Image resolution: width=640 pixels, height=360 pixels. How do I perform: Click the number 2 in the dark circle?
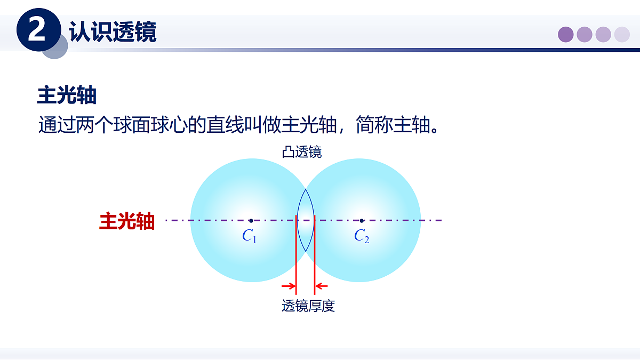tap(37, 31)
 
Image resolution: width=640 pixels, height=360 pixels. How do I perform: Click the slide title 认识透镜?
tap(113, 32)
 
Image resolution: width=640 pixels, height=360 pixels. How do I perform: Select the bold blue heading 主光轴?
tap(67, 96)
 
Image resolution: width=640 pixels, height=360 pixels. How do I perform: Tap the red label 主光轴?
tap(127, 221)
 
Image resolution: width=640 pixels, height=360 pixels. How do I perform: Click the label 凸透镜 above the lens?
tap(302, 153)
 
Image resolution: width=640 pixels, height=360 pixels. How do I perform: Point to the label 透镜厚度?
tap(308, 306)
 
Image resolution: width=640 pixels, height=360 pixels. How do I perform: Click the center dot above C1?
tap(251, 220)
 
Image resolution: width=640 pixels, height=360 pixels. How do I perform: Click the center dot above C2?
tap(362, 220)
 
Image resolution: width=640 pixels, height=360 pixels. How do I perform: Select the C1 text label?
tap(249, 236)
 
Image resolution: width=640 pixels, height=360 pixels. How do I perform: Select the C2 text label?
tap(362, 236)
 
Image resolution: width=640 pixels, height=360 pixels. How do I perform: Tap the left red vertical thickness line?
tap(296, 251)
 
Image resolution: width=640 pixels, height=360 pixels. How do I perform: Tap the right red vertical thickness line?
tap(315, 251)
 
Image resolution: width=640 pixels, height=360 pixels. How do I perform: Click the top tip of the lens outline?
tap(306, 189)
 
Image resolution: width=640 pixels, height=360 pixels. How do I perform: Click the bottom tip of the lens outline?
tap(306, 251)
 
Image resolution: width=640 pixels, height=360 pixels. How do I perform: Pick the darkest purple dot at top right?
tap(566, 35)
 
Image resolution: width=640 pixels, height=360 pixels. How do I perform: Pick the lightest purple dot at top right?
tap(622, 35)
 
